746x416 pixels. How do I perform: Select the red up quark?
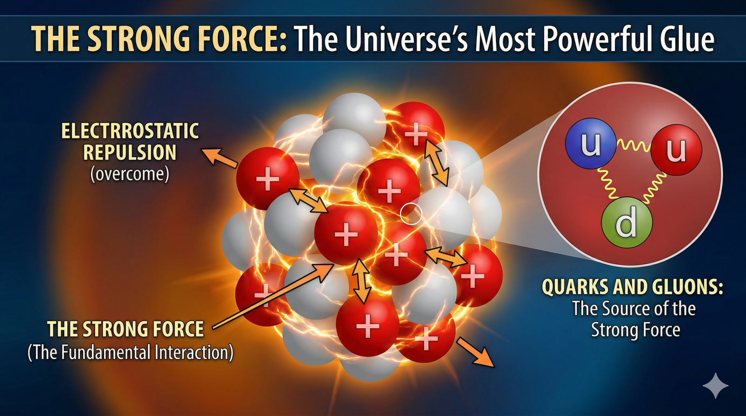click(x=677, y=150)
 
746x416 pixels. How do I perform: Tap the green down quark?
click(x=627, y=222)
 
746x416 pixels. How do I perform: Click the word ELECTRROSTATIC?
click(x=130, y=131)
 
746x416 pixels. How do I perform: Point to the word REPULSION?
click(x=130, y=152)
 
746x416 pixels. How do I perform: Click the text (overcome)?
click(x=130, y=174)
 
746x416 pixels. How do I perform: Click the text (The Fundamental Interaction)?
click(x=131, y=352)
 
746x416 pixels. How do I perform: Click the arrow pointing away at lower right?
click(x=476, y=352)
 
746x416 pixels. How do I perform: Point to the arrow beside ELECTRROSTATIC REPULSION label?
click(x=220, y=158)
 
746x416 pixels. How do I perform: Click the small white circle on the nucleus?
click(x=411, y=213)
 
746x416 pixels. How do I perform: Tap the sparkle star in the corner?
click(x=715, y=385)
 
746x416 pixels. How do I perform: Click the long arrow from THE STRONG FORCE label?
click(x=273, y=296)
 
